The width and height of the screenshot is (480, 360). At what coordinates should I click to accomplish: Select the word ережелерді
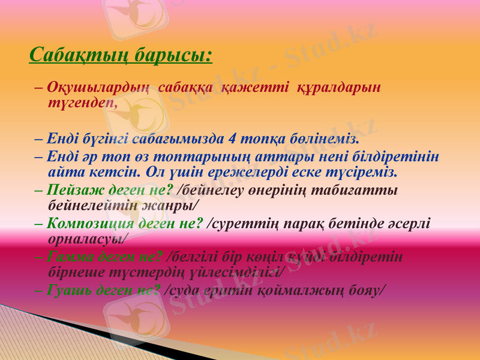[272, 172]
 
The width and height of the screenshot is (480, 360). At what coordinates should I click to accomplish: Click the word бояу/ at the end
[367, 289]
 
